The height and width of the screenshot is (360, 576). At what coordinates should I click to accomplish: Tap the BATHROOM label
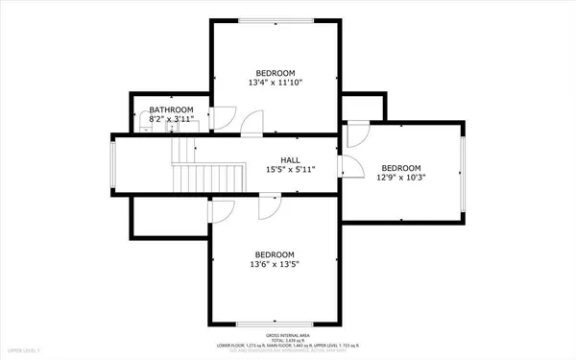pos(171,110)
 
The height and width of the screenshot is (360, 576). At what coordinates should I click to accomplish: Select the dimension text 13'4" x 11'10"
pos(275,83)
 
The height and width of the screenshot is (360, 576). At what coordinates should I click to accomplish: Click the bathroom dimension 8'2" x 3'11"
pos(171,120)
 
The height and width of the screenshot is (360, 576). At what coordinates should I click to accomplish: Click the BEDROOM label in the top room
pos(275,73)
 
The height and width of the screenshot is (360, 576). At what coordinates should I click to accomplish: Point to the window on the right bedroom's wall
pos(463,172)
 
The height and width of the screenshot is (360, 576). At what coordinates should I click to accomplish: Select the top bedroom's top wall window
pos(275,19)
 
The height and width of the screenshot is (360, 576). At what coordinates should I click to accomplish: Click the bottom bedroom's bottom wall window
pos(275,322)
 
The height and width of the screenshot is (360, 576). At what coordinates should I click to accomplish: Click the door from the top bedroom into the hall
pos(252,125)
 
